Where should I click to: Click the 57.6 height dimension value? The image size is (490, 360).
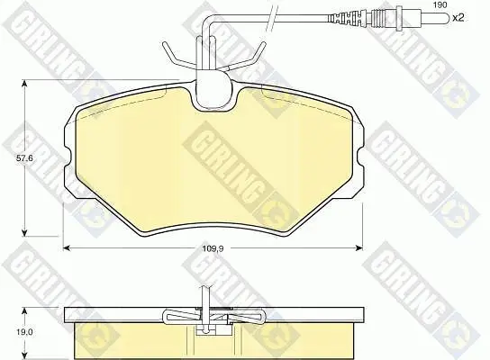point(24,158)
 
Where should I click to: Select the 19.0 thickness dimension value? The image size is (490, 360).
point(25,332)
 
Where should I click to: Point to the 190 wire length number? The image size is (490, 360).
point(440,4)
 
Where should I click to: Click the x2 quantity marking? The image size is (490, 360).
point(458,18)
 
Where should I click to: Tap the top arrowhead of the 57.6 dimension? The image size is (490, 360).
point(24,83)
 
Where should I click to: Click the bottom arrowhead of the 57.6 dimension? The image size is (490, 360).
point(24,233)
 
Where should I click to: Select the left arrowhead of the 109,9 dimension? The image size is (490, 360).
point(67,247)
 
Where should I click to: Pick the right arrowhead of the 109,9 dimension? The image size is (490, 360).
point(359,247)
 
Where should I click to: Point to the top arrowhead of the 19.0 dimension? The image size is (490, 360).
point(24,310)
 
